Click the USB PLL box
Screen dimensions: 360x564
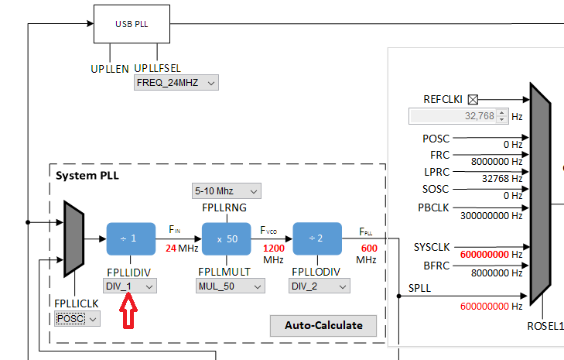click(132, 24)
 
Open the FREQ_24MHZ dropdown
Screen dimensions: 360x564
click(176, 83)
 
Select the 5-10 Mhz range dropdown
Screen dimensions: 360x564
click(226, 190)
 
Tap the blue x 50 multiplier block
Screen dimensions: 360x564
click(227, 238)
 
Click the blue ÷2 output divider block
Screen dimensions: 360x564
click(317, 238)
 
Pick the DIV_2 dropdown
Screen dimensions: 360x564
click(320, 286)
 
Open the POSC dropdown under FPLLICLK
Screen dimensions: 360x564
click(77, 318)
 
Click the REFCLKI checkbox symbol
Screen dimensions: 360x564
click(473, 99)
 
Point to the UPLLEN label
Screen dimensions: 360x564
click(110, 69)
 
